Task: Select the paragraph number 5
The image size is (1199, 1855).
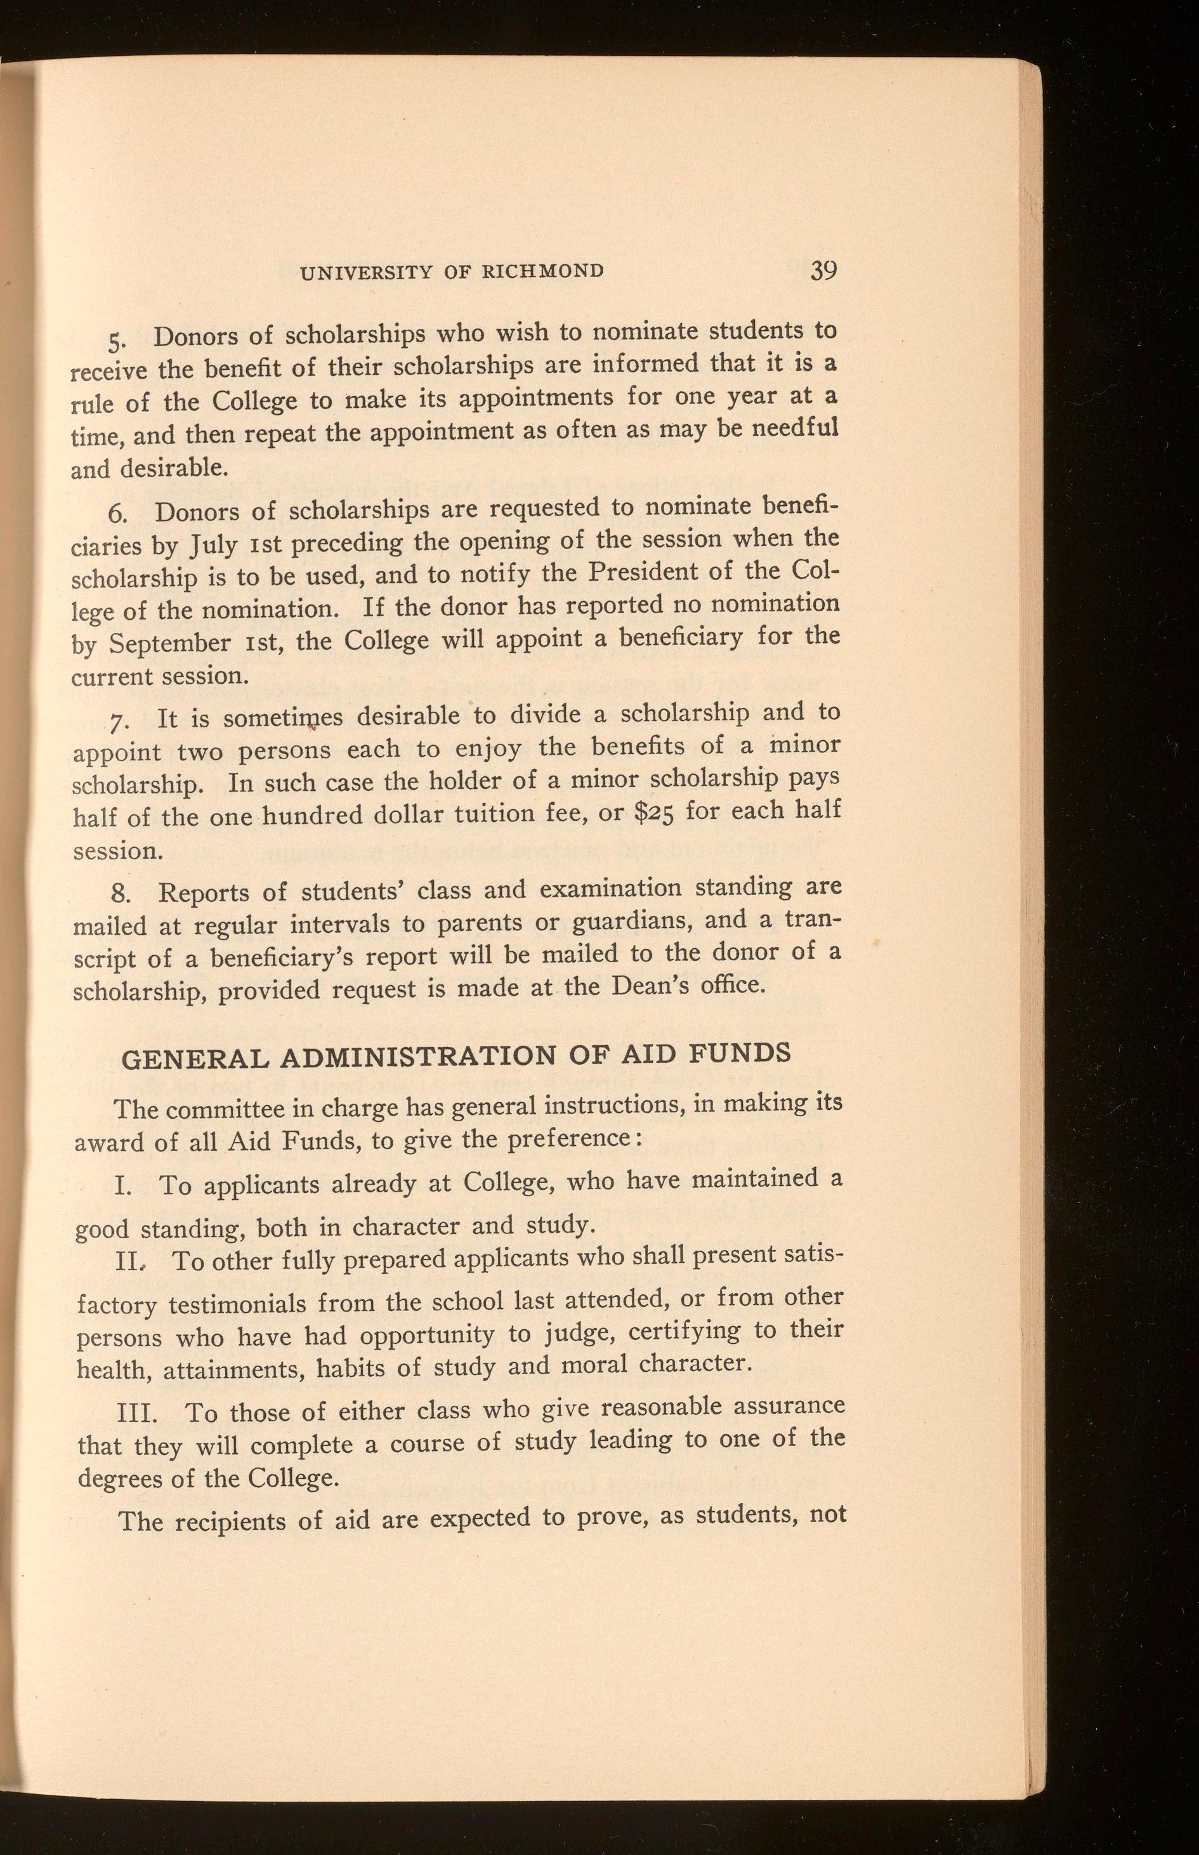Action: click(x=115, y=342)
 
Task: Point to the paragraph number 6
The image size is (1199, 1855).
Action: click(x=117, y=514)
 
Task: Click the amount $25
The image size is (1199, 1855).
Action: click(x=657, y=812)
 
